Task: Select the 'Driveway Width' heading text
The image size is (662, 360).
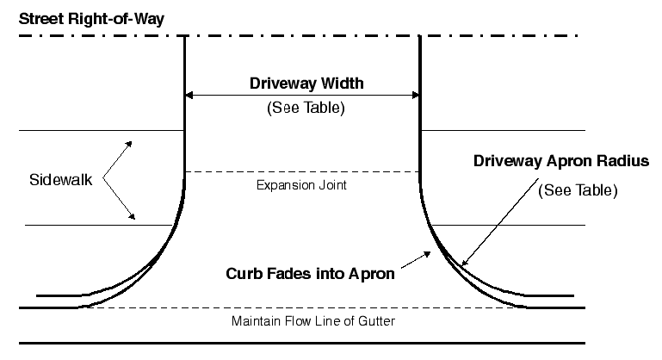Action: [306, 84]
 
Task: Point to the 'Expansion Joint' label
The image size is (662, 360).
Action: [301, 185]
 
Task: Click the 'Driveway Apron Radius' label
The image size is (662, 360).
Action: [560, 160]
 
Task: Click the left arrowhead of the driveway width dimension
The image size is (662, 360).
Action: [190, 95]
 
